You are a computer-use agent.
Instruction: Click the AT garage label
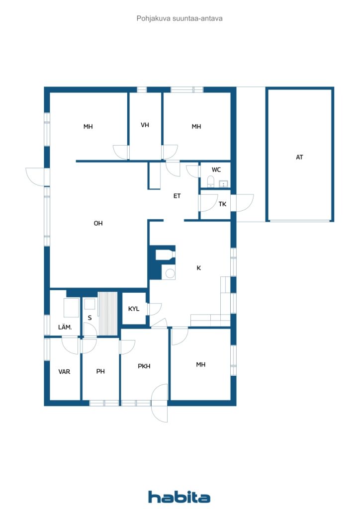(299, 157)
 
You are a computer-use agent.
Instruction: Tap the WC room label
(216, 170)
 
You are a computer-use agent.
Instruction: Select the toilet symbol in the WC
(211, 182)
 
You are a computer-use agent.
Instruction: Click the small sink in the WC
(224, 184)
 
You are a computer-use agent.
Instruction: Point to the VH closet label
(145, 125)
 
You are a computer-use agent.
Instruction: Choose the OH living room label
(98, 223)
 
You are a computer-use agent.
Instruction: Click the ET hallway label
(177, 196)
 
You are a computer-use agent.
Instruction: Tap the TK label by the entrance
(222, 204)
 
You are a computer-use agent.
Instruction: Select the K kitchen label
(199, 268)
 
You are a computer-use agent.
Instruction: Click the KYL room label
(134, 308)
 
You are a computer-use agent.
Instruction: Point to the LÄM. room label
(65, 327)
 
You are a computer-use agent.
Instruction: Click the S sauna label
(90, 318)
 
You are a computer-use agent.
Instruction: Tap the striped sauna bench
(107, 314)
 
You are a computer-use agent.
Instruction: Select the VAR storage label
(64, 371)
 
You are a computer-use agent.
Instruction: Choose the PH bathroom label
(100, 371)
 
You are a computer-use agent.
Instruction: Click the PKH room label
(144, 366)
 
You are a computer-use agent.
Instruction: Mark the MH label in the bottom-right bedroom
(200, 364)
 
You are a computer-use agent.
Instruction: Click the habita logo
(179, 497)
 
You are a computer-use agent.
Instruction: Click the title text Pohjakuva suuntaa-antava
(180, 18)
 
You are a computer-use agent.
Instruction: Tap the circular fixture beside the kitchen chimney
(170, 273)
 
